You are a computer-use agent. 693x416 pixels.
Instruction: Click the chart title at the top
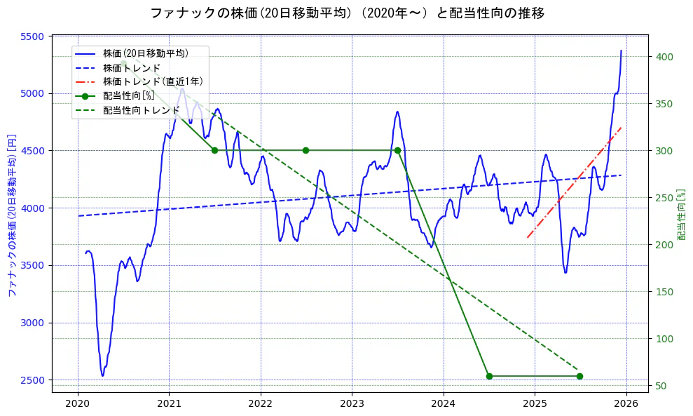coord(347,13)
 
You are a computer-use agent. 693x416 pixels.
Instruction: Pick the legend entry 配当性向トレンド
coord(141,110)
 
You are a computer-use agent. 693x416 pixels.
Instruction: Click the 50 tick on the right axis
coord(660,386)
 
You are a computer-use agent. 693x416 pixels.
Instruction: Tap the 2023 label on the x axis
coord(352,403)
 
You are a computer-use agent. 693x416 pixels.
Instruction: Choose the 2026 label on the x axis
coord(626,403)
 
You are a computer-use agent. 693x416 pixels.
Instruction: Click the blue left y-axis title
coord(11,214)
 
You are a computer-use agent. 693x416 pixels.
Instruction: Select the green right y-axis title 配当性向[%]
coord(681,214)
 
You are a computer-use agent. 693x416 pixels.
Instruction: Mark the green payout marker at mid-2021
coord(214,150)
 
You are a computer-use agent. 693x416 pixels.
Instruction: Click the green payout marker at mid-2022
coord(306,150)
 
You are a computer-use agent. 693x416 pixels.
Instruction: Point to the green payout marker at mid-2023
coord(397,150)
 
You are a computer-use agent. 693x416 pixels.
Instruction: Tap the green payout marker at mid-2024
coord(489,376)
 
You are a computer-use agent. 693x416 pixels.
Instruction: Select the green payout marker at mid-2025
coord(579,376)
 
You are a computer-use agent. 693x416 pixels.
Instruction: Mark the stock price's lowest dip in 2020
coord(102,375)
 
